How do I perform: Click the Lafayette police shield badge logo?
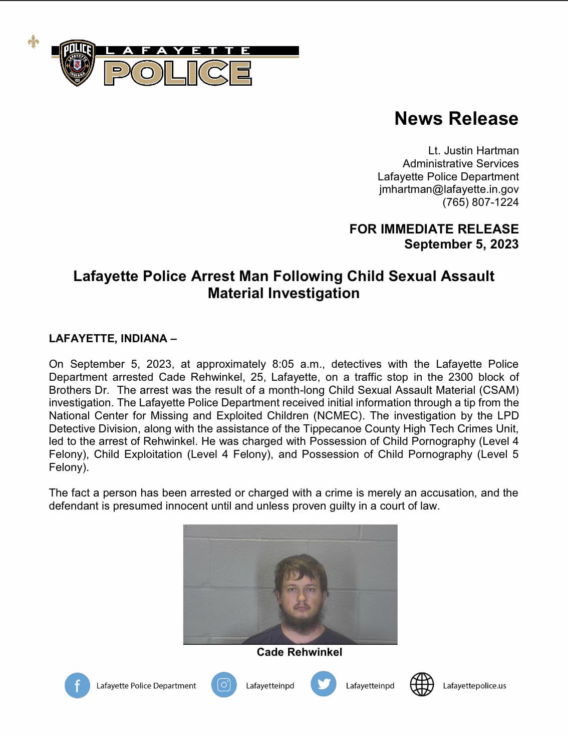pyautogui.click(x=77, y=63)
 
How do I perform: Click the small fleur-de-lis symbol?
pyautogui.click(x=33, y=42)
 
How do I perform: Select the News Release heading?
pyautogui.click(x=456, y=118)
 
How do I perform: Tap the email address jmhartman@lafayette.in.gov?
pyautogui.click(x=448, y=189)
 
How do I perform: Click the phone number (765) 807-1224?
pyautogui.click(x=480, y=202)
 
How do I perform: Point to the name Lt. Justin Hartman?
pyautogui.click(x=473, y=150)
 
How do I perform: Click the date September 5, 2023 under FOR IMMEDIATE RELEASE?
pyautogui.click(x=461, y=244)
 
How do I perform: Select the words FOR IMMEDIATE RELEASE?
pyautogui.click(x=433, y=229)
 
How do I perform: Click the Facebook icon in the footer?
pyautogui.click(x=77, y=685)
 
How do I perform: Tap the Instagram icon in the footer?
pyautogui.click(x=223, y=684)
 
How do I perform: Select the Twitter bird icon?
pyautogui.click(x=323, y=684)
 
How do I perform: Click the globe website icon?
pyautogui.click(x=422, y=684)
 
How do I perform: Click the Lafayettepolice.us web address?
pyautogui.click(x=474, y=685)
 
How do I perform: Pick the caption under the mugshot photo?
pyautogui.click(x=299, y=652)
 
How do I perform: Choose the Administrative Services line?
pyautogui.click(x=460, y=163)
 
